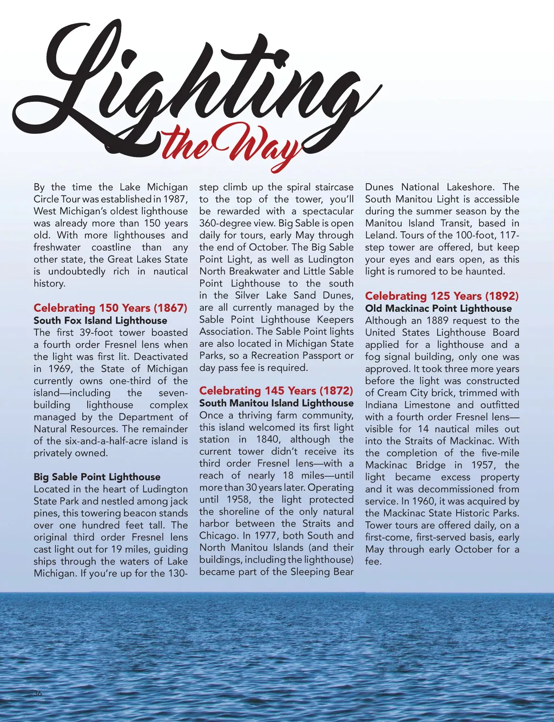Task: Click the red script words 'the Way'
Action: click(233, 145)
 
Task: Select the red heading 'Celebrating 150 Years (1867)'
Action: click(110, 308)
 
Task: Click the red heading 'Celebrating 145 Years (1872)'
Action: click(276, 391)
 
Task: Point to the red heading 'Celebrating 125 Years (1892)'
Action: click(441, 296)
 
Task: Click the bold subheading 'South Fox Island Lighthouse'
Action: click(100, 320)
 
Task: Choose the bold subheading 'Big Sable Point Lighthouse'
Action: click(97, 477)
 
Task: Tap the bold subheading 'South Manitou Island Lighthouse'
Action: click(276, 403)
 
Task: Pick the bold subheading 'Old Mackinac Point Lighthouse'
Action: click(438, 309)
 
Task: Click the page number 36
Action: click(37, 694)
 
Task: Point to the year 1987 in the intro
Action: click(175, 199)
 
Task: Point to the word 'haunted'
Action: click(485, 271)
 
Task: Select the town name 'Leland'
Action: click(381, 235)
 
